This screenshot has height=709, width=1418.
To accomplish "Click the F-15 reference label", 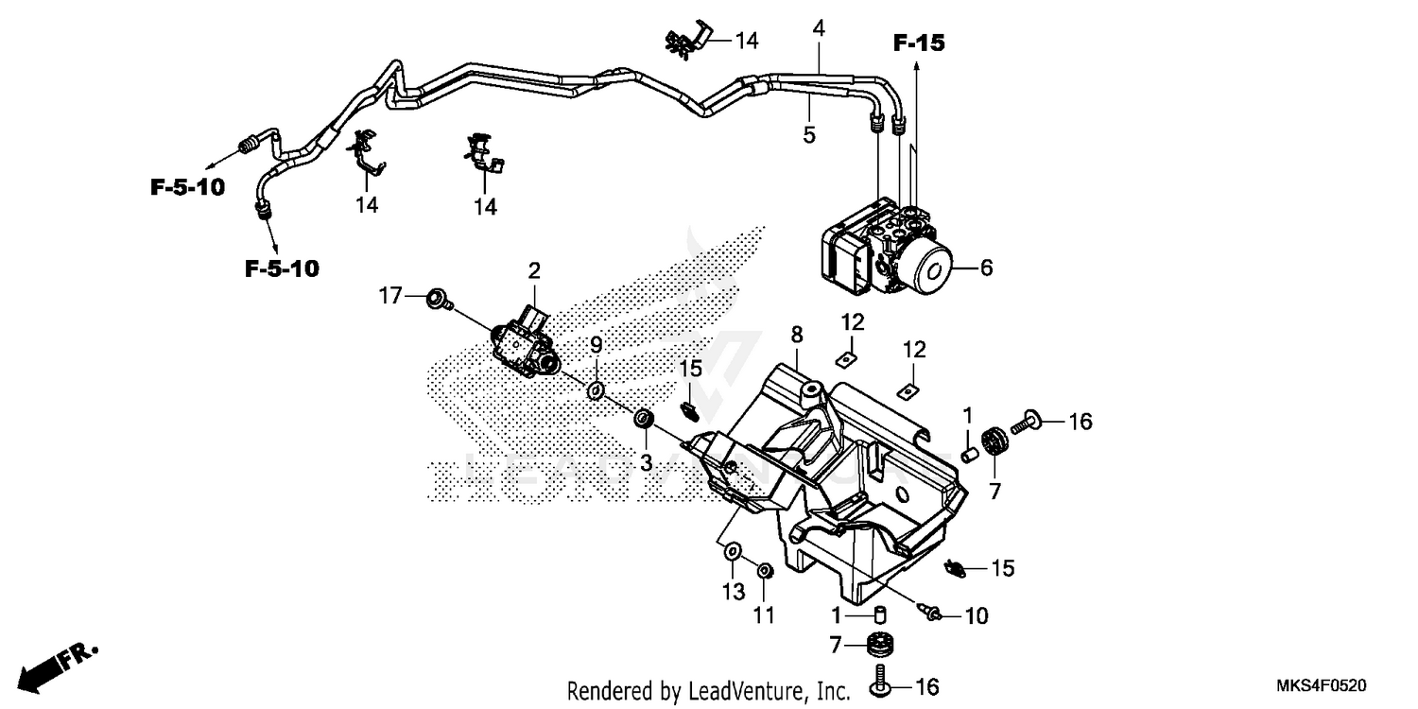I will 920,43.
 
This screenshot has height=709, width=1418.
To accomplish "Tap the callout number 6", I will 986,268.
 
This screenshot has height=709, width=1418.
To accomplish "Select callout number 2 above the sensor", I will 534,271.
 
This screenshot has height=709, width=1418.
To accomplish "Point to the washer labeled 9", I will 597,389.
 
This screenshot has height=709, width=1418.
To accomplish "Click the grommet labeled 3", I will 644,418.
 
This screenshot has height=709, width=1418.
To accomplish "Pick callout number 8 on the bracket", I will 797,334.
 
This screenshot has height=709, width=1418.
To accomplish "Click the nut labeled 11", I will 765,570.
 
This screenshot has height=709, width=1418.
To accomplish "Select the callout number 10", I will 976,616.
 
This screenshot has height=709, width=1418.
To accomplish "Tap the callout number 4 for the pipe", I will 819,28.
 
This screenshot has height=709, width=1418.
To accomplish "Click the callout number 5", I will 809,134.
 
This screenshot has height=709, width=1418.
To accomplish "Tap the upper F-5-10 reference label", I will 187,186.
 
